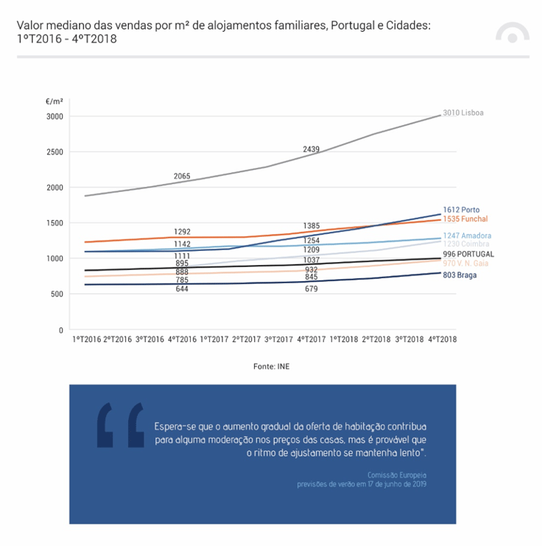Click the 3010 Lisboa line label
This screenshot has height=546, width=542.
coord(463,113)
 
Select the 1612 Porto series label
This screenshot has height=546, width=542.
coord(461,210)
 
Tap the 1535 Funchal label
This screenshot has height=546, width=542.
coord(465,219)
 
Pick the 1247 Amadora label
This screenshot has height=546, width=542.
coord(467,235)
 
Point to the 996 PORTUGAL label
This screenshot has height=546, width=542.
coord(468,254)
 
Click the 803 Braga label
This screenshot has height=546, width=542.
coord(460,275)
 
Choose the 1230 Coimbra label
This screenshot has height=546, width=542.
coord(465,244)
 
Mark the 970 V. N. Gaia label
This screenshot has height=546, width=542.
coord(465,263)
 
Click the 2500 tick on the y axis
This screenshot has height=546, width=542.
coord(54,152)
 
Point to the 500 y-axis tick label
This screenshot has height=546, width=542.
coord(57,294)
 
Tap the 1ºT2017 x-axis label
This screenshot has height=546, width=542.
coord(214,339)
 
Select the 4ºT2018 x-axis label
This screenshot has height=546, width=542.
coord(442,339)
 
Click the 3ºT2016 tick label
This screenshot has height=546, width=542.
coord(149,339)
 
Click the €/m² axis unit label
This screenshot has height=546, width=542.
coord(54,102)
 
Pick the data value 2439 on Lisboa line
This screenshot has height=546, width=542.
coord(311,149)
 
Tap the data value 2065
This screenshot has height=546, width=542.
coord(182,176)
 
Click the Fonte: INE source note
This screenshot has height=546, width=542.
coord(271,366)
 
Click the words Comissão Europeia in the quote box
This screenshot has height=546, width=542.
coord(397,475)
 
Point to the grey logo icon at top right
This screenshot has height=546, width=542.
coord(513,32)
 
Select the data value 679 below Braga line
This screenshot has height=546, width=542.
coord(311,288)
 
